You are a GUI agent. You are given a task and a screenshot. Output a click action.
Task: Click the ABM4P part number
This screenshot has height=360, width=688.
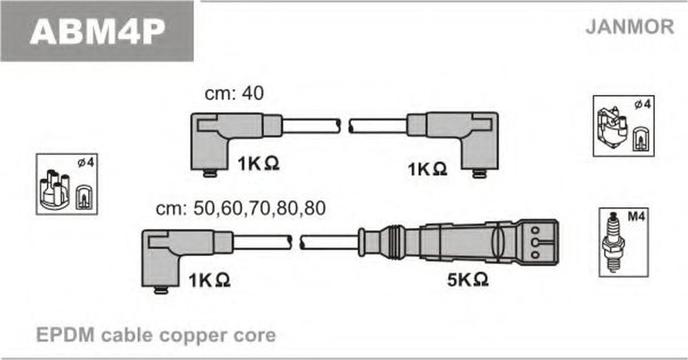(x=97, y=31)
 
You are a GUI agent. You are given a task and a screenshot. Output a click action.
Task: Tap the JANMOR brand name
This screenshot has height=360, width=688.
(x=630, y=27)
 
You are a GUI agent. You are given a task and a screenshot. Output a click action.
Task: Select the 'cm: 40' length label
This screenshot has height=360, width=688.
(x=235, y=93)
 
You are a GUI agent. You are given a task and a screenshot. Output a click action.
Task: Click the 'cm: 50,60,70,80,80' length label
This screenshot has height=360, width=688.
(x=241, y=208)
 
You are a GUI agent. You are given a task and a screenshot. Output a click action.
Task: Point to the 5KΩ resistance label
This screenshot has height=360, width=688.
(x=468, y=279)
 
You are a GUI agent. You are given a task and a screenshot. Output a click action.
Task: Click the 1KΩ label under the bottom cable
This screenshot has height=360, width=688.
(x=209, y=279)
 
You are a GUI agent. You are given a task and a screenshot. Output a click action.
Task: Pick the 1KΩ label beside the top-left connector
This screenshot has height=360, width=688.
(x=259, y=163)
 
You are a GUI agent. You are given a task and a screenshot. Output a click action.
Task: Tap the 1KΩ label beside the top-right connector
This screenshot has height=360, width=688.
(x=427, y=169)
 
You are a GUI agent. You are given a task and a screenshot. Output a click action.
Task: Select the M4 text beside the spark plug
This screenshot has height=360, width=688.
(x=636, y=216)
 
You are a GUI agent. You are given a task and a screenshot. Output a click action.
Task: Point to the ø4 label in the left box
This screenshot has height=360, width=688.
(x=85, y=162)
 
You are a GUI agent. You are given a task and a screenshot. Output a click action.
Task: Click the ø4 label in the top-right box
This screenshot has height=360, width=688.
(x=643, y=105)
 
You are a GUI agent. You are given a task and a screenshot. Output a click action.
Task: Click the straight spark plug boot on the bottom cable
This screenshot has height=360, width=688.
(x=458, y=242)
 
